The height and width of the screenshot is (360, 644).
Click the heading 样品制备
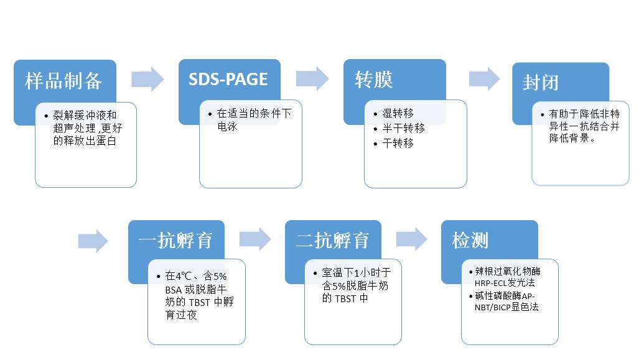pos(63,80)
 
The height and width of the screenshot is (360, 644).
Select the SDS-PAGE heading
pos(228,80)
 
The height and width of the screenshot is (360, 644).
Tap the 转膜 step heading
pos(374,80)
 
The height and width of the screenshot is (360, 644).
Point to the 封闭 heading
pos(540,83)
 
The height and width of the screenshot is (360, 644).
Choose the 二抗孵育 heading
pos(332,241)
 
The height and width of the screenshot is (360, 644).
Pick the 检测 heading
pos(470,241)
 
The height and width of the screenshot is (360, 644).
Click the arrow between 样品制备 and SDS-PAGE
pos(147,79)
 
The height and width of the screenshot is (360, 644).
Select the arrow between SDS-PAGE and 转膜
pos(312,79)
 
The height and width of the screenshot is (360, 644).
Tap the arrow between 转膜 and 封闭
pos(483,79)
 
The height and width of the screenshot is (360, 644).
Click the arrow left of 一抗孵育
pos(93,241)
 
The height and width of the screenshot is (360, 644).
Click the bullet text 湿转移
pos(398,113)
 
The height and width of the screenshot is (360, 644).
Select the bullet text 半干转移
pos(403,128)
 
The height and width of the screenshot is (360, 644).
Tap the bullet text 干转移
pos(398,143)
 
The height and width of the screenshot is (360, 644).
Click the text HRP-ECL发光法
pos(502,282)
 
